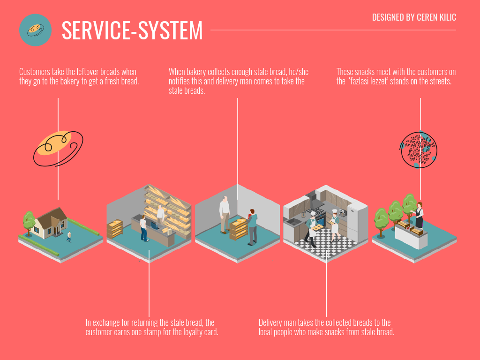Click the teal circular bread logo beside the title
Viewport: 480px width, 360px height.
point(35,30)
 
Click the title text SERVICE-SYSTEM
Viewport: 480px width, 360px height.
point(132,30)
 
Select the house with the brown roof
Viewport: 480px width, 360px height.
point(51,223)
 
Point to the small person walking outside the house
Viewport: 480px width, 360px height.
point(69,237)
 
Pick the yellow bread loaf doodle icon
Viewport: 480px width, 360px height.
point(58,149)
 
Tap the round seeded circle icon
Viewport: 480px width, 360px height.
point(419,150)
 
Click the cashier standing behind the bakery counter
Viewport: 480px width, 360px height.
point(160,215)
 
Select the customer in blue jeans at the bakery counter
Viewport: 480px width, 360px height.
point(143,228)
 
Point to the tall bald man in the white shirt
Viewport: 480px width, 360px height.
point(225,214)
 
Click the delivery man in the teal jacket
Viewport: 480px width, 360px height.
point(252,227)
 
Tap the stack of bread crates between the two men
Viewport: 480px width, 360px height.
point(238,229)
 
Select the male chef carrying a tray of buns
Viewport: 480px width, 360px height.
point(312,229)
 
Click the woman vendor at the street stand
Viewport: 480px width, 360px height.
point(419,215)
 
